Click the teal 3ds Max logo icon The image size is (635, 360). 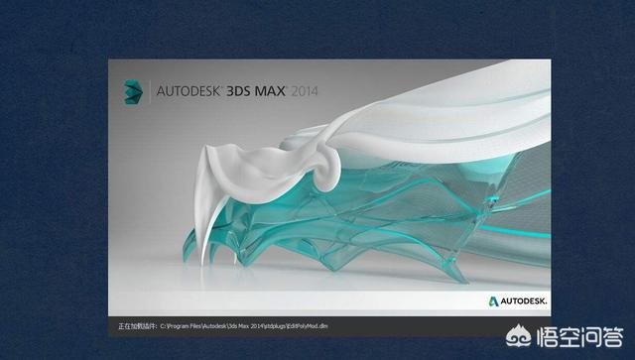pos(129,90)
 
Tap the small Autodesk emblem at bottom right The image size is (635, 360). pos(492,299)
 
